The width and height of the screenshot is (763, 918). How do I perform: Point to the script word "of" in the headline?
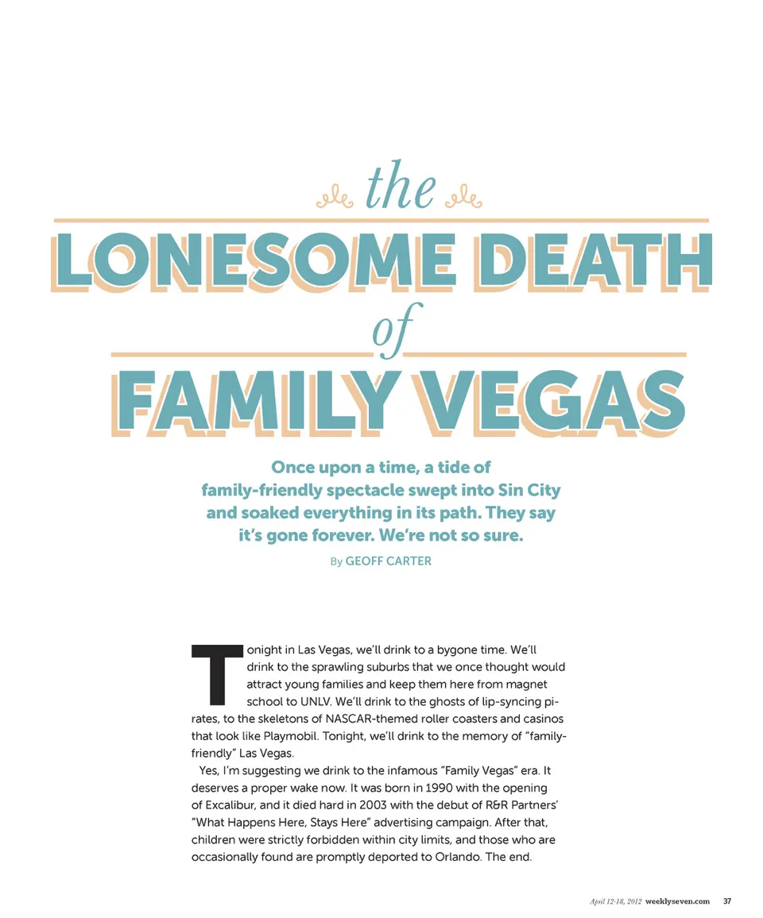pyautogui.click(x=389, y=337)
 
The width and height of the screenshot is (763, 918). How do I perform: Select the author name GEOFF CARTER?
pyautogui.click(x=389, y=561)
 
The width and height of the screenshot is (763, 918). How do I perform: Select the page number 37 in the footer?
pyautogui.click(x=726, y=901)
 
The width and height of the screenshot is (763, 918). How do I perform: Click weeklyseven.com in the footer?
pyautogui.click(x=677, y=901)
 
